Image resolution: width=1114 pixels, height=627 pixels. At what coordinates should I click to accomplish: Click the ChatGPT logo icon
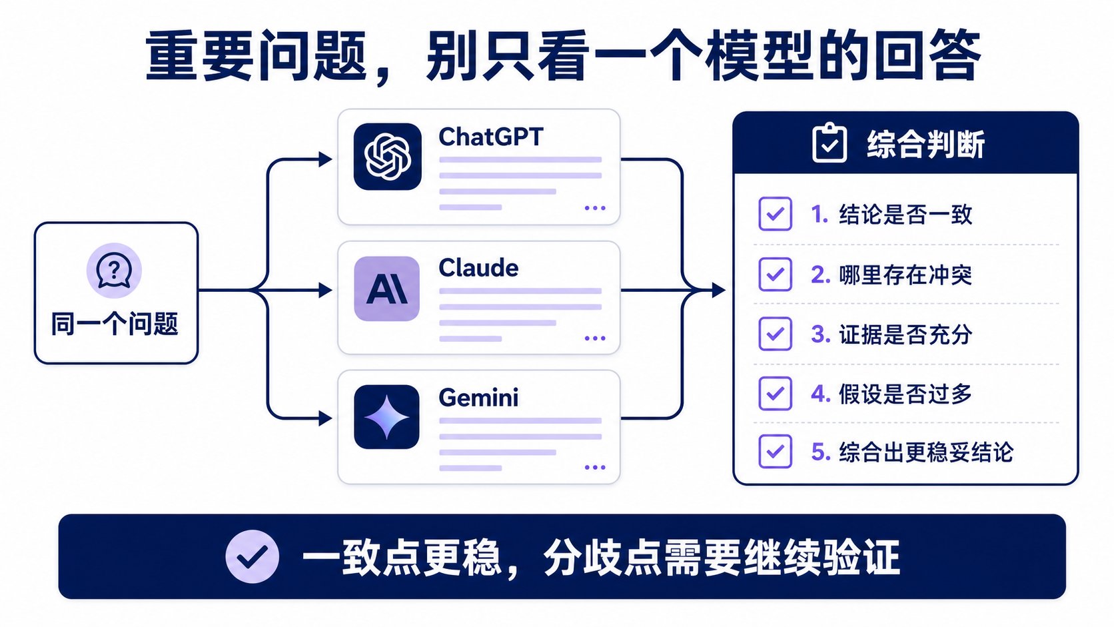point(387,157)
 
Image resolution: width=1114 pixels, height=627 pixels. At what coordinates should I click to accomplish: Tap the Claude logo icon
point(386,289)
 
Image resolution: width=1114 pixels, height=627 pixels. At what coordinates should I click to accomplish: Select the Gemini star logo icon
point(386,417)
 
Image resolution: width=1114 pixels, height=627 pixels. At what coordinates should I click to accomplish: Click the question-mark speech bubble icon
point(114,271)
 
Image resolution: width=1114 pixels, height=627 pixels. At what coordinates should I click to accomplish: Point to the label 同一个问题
point(115,324)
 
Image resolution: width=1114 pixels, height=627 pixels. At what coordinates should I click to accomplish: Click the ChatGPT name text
point(490,137)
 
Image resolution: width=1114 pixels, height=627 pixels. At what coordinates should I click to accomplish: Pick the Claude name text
point(478,268)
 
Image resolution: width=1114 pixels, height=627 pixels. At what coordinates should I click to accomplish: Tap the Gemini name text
point(478,397)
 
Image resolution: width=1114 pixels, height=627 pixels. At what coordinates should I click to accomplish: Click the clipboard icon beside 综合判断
point(829,143)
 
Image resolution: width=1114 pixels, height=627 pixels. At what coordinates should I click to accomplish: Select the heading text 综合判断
point(925,145)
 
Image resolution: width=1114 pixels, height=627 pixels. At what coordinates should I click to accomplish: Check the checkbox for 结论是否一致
point(775,214)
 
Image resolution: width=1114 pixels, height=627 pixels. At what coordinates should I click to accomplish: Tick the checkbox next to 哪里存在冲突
point(775,274)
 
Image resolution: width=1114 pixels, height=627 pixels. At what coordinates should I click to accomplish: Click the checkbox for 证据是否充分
point(775,334)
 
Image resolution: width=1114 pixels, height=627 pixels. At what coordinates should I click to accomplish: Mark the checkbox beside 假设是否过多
point(775,393)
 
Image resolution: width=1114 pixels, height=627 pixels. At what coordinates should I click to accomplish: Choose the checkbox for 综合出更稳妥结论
point(775,452)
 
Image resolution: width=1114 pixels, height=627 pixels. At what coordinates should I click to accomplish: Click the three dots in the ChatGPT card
point(595,208)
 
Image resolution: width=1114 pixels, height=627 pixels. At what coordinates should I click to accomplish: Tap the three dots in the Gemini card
point(595,467)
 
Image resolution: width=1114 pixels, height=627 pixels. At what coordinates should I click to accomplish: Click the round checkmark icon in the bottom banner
point(252,556)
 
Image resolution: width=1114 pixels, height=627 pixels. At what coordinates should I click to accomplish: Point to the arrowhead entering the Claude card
point(325,290)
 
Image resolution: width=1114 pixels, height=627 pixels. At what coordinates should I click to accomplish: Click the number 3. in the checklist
point(821,334)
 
